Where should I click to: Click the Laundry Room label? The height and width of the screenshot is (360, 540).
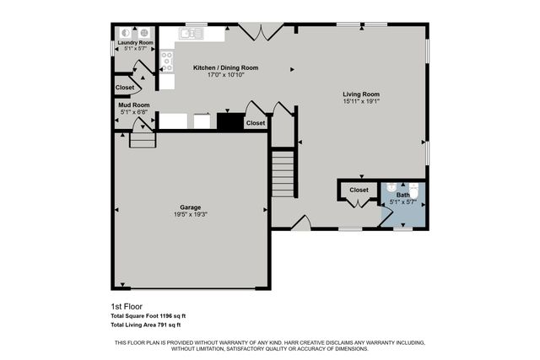(135, 42)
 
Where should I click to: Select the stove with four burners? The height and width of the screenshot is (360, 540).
(167, 59)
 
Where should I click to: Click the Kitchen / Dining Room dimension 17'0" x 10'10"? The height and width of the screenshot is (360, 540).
(225, 75)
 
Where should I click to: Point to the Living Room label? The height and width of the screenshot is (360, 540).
(360, 94)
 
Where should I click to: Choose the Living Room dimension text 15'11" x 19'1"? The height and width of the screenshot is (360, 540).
(360, 101)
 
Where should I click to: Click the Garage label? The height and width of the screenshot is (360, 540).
(191, 207)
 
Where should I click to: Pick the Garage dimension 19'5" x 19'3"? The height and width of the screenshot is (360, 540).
(191, 214)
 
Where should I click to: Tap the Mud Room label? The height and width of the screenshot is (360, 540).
(135, 105)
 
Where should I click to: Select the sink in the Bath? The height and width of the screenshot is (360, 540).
(391, 188)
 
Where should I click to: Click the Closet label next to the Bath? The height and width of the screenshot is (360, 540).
(359, 191)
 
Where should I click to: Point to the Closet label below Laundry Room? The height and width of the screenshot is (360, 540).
(125, 88)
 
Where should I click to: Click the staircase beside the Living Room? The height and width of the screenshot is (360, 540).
(282, 174)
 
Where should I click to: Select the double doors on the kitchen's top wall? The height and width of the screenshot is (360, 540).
(259, 32)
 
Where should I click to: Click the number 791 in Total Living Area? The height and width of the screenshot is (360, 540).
(161, 325)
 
